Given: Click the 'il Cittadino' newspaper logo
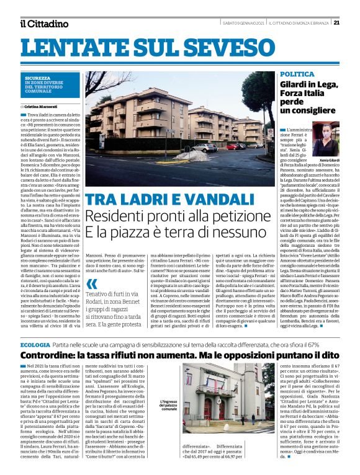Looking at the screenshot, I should click(43, 24).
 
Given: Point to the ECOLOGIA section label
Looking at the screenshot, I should click(35, 344).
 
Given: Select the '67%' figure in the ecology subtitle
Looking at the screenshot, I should click(331, 344).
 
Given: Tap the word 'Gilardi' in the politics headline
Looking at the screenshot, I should click(295, 85).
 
